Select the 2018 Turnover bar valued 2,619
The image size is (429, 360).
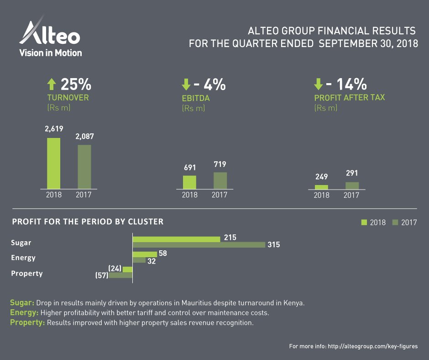53,163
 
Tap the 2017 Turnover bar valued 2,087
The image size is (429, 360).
84,167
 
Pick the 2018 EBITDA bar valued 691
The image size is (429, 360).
189,182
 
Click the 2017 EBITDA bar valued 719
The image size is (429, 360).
220,180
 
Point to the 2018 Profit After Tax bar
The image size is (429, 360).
321,187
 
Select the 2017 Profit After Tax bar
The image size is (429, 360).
352,185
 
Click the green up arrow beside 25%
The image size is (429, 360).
52,84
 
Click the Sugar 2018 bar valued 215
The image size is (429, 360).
176,239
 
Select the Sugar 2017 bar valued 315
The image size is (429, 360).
199,245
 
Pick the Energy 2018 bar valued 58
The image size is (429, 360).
145,254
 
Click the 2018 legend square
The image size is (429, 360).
364,222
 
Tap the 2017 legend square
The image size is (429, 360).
395,222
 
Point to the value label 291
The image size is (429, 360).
352,173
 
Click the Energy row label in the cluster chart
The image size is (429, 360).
23,258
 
